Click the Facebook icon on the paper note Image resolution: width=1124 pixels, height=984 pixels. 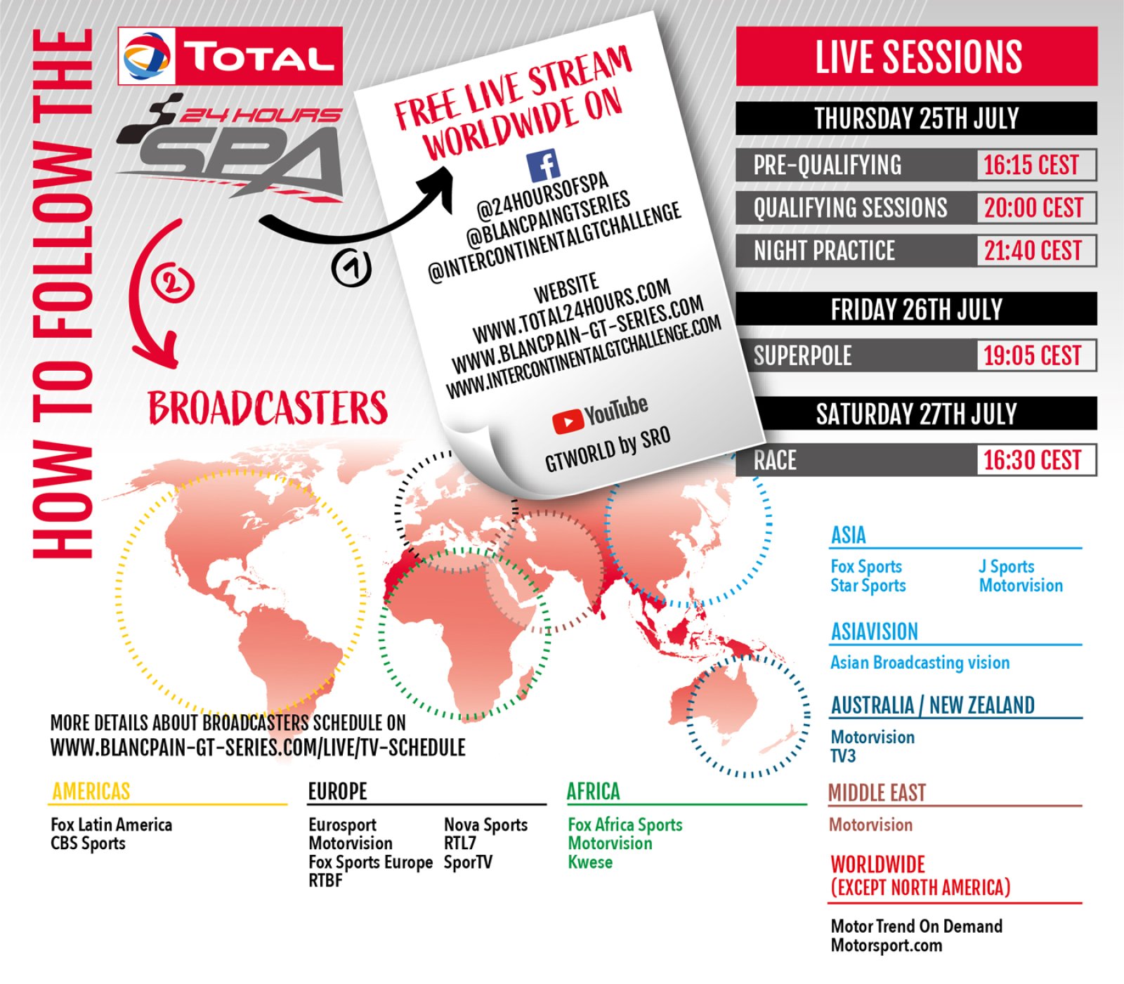tap(543, 166)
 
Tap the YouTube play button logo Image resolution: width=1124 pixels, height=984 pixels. tap(568, 421)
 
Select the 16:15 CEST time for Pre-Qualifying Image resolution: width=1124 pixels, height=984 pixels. tap(1031, 165)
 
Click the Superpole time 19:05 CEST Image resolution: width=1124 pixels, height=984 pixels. tap(1032, 355)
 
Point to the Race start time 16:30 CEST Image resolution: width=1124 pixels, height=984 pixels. tap(1032, 460)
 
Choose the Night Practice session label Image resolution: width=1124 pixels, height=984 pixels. tap(824, 251)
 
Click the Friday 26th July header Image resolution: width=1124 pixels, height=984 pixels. tap(917, 309)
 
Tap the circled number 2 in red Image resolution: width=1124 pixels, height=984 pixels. tap(172, 283)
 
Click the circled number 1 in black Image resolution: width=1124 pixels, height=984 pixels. tap(351, 268)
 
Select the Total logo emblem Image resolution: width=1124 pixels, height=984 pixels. tap(147, 56)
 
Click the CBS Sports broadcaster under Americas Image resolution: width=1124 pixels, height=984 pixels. tap(88, 844)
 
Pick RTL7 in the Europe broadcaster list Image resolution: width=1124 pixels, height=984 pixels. tap(460, 843)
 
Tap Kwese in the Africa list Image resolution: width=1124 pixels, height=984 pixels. tap(590, 862)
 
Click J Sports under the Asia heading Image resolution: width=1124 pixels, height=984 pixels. tap(1007, 566)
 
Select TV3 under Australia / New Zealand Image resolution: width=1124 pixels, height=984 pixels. tap(843, 756)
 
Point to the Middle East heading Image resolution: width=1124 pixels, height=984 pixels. tap(877, 793)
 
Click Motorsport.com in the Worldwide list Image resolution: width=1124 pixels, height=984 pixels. tap(887, 945)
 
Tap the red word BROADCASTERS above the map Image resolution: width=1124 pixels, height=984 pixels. tap(268, 408)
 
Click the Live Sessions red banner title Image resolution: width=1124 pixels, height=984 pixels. tap(918, 57)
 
